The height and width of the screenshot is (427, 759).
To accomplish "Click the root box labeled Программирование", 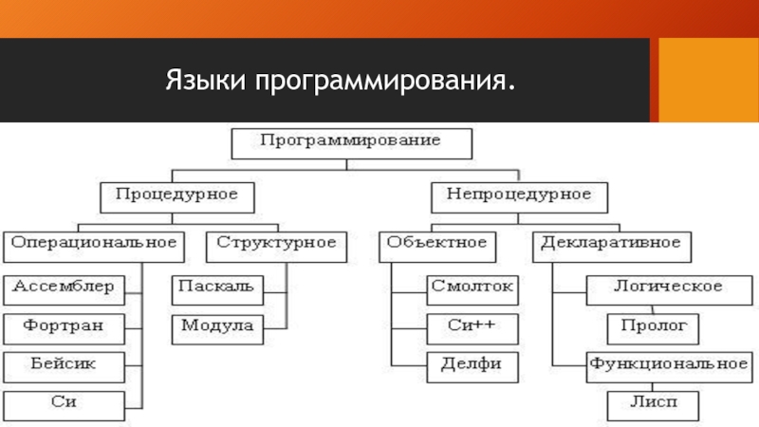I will tap(351, 142).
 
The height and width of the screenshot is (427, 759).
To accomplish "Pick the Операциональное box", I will tap(94, 245).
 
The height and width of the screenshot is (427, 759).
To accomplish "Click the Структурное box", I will tap(276, 245).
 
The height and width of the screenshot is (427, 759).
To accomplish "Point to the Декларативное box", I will tap(611, 245).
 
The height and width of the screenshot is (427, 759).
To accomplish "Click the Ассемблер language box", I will tap(64, 288).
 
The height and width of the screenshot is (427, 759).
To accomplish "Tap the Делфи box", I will tap(472, 365).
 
